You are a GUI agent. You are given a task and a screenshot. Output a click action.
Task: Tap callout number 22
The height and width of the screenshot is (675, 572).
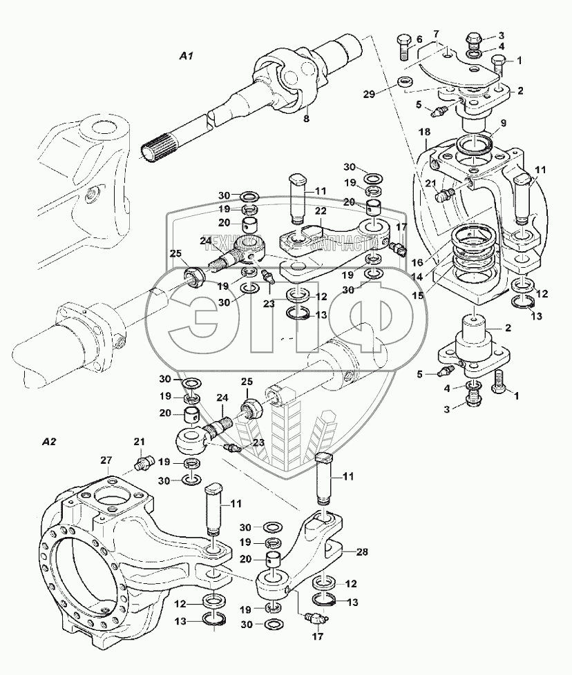(x=321, y=211)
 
